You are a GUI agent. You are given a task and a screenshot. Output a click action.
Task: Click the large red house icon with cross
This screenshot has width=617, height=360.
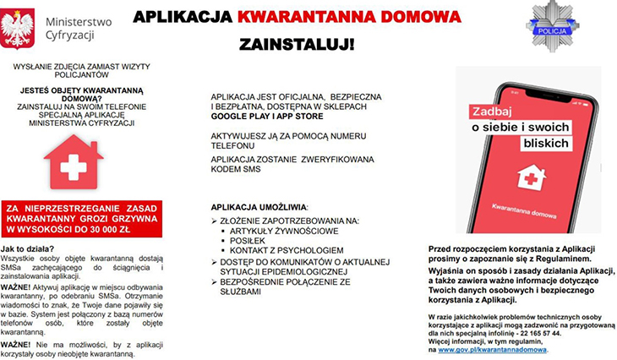click(74, 162)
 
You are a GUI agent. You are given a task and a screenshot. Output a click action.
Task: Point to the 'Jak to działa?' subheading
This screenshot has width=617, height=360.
click(29, 249)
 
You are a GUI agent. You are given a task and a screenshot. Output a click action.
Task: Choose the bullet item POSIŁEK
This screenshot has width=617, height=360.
click(248, 240)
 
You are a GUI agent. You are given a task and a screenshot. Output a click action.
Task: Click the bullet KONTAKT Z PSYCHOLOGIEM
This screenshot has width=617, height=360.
click(287, 250)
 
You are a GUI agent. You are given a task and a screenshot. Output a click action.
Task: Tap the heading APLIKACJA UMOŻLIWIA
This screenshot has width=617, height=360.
click(259, 206)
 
